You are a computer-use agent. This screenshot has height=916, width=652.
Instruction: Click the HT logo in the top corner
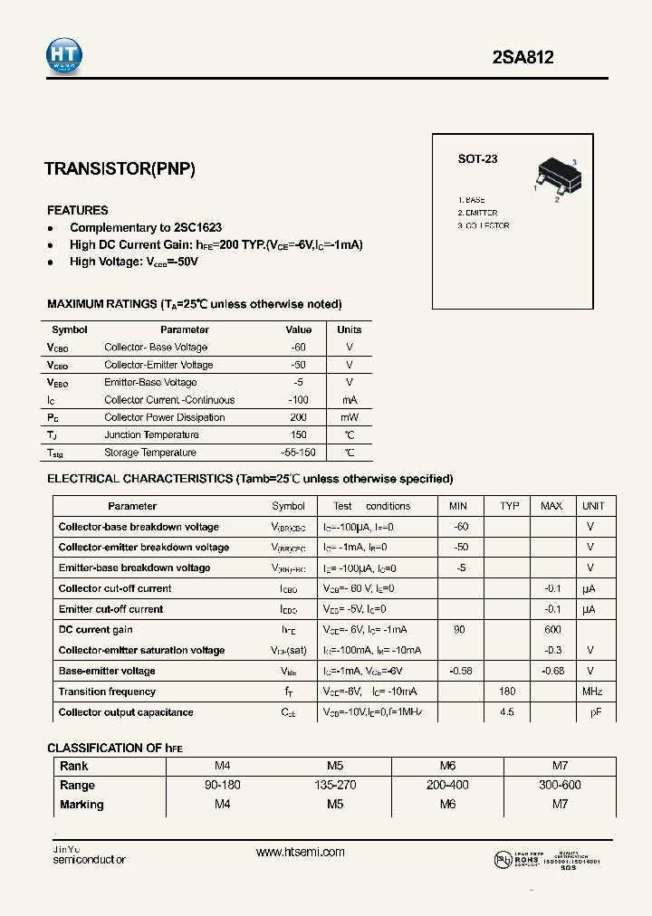click(64, 55)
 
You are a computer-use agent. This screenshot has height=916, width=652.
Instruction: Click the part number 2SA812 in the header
click(523, 57)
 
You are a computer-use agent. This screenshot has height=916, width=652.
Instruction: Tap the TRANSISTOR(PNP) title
click(120, 168)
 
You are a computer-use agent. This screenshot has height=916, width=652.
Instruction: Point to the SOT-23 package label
click(477, 159)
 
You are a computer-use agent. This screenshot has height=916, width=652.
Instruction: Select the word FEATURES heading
click(78, 210)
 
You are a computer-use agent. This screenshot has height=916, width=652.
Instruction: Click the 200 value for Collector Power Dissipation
click(298, 417)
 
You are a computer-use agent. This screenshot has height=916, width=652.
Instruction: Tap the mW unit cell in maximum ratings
click(350, 417)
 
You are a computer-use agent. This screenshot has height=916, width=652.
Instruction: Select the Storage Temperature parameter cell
click(150, 453)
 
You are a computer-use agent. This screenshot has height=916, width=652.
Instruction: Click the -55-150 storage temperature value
click(298, 453)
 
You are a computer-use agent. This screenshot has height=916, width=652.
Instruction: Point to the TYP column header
click(510, 506)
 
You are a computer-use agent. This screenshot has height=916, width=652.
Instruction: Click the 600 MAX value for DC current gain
click(551, 630)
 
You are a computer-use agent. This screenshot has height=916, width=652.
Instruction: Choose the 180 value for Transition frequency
click(507, 692)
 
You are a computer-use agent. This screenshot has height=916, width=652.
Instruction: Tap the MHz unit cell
click(592, 692)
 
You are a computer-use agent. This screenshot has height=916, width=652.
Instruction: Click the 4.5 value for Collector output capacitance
click(507, 712)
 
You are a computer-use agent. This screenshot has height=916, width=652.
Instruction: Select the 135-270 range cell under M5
click(335, 785)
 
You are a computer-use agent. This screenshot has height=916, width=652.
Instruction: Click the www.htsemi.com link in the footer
click(301, 852)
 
